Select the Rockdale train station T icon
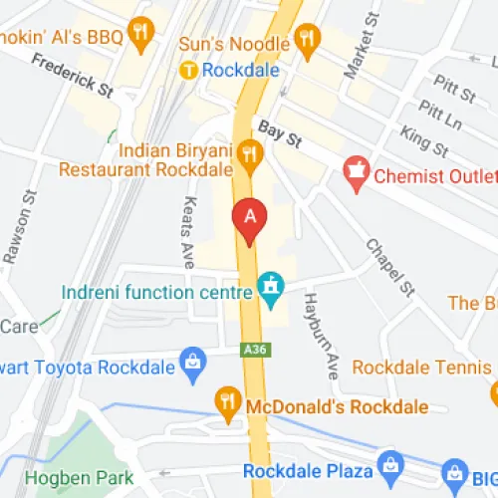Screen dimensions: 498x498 (x=187, y=70)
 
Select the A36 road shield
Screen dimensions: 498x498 (x=254, y=350)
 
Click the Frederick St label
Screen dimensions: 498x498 (x=72, y=76)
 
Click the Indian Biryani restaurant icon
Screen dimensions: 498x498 (x=248, y=152)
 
